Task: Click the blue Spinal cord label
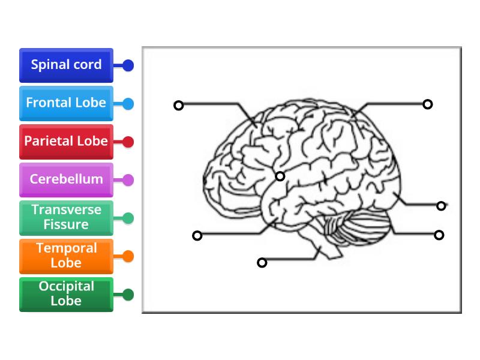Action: (x=66, y=65)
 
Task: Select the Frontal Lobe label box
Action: (x=66, y=103)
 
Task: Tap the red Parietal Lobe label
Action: (x=66, y=142)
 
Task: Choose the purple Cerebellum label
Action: (x=66, y=179)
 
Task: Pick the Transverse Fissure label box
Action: (x=66, y=218)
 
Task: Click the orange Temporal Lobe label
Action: (x=66, y=256)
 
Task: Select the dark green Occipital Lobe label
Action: (x=66, y=294)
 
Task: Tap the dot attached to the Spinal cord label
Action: (x=128, y=65)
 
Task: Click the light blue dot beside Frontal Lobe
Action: (x=128, y=103)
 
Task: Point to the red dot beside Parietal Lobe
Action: (x=128, y=142)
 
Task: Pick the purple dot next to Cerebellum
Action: (x=128, y=179)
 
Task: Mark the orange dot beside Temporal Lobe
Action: (x=128, y=256)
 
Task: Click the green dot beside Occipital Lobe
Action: (x=128, y=295)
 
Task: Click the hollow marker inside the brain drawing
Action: (x=280, y=176)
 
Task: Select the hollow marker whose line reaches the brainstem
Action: (x=262, y=262)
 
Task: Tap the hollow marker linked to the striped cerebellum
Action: (x=439, y=235)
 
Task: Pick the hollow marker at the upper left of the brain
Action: (x=178, y=106)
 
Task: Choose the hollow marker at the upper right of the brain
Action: (x=428, y=104)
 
